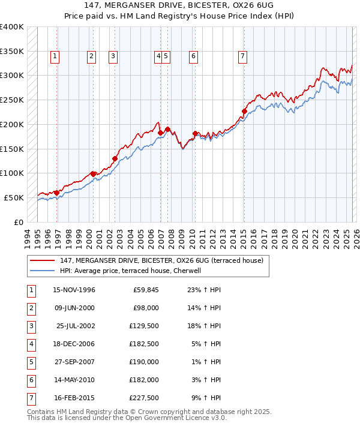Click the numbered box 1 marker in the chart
click(x=55, y=56)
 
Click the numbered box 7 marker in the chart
click(x=242, y=56)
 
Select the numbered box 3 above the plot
click(x=113, y=56)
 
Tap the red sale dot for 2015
click(x=244, y=111)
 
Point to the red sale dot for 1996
click(x=57, y=193)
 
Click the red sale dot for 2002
click(x=115, y=158)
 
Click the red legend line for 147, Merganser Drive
click(x=43, y=260)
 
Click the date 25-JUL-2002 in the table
click(x=74, y=326)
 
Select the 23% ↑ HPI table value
click(x=204, y=290)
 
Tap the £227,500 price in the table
click(x=143, y=398)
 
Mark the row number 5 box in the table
click(x=31, y=362)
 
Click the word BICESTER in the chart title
click(x=187, y=5)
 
